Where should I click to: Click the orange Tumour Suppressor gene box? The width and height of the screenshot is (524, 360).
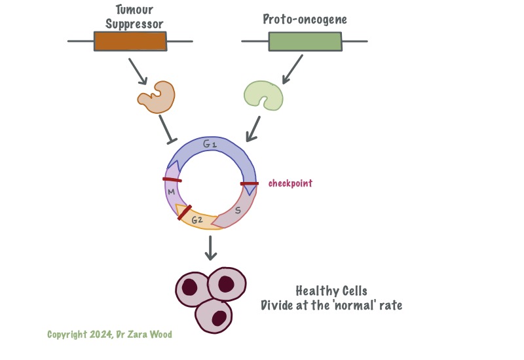pos(130,41)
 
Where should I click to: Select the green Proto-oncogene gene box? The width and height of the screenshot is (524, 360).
pos(305,41)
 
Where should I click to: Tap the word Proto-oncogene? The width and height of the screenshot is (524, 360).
pos(305,20)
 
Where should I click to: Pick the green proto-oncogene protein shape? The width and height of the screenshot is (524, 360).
pos(263,96)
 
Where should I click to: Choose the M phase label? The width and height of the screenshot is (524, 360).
pos(171,192)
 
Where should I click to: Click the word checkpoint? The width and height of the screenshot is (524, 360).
pos(290,183)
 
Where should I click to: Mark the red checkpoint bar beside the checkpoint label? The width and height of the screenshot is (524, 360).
pos(250,184)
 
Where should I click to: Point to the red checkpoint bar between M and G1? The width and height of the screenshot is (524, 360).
pos(172,179)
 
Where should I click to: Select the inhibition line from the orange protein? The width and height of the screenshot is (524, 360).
pos(166,128)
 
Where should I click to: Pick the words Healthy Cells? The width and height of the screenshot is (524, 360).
pos(331,291)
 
